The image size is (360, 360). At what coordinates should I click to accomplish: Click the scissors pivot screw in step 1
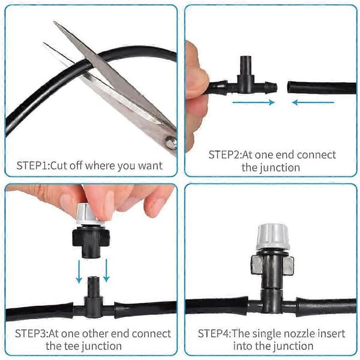171,143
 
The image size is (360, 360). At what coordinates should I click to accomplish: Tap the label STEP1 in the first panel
32,166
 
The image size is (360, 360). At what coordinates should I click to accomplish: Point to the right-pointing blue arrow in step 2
254,103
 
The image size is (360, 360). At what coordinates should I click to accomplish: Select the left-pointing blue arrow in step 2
313,103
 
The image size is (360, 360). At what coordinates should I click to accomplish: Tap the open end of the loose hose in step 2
289,87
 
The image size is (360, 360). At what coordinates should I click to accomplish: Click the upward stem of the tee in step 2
245,65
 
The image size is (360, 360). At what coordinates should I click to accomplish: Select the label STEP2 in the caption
224,155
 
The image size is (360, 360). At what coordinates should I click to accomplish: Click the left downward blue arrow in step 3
79,271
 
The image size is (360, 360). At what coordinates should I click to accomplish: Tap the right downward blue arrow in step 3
106,271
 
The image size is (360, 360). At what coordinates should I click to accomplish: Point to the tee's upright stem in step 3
93,287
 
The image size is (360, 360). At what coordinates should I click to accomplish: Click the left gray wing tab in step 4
256,265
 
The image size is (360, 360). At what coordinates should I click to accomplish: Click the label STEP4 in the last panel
214,334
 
